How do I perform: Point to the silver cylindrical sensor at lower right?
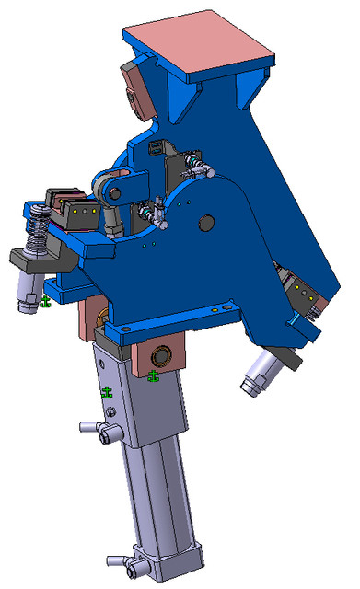click(x=260, y=373)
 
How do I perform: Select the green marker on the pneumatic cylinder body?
click(x=107, y=393)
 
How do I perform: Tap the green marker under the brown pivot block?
click(x=153, y=375)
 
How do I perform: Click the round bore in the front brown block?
click(x=166, y=355)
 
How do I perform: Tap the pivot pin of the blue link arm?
click(x=113, y=193)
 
